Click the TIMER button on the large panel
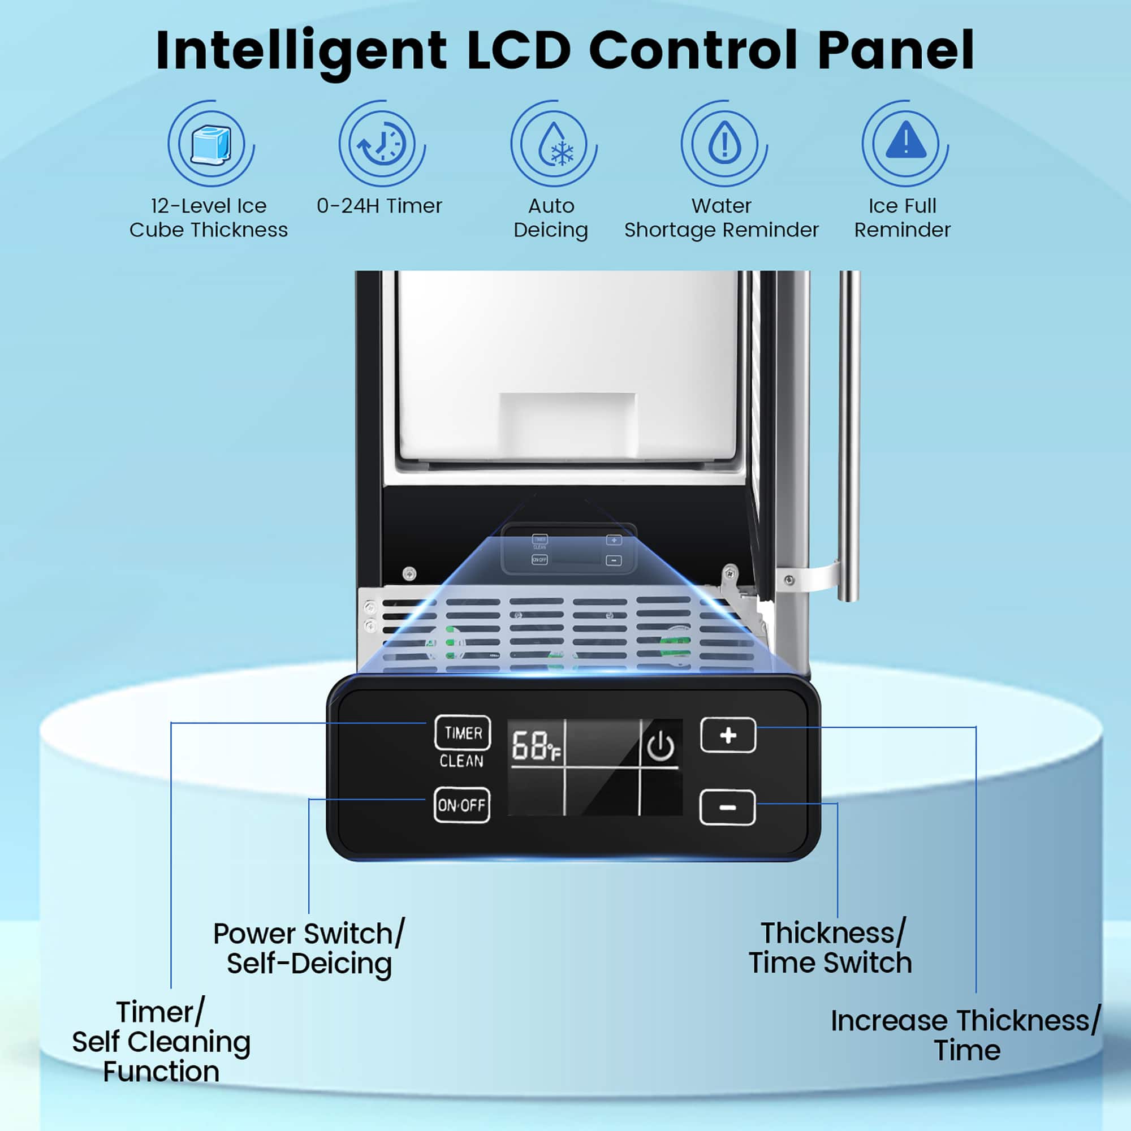[463, 732]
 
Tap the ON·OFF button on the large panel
[461, 805]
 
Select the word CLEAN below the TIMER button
[461, 761]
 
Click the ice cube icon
[211, 144]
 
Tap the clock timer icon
[382, 144]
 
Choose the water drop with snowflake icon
[553, 144]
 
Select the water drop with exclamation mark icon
[724, 144]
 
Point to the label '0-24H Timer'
[379, 206]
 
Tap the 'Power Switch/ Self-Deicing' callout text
[309, 948]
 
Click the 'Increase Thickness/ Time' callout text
[966, 1035]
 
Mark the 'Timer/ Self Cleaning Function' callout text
[161, 1042]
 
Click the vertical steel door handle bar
[848, 433]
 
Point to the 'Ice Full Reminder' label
[902, 218]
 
